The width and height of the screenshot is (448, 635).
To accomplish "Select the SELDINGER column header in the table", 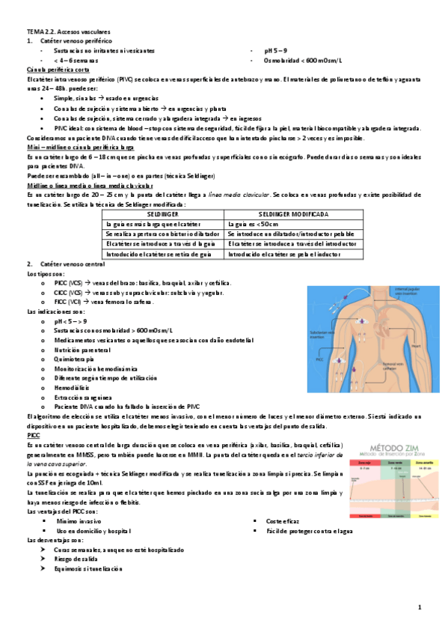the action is (x=164, y=213).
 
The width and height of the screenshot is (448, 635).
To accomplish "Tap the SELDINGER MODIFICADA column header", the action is (x=283, y=213).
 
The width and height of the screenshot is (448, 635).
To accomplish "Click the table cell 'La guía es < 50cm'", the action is (x=255, y=223).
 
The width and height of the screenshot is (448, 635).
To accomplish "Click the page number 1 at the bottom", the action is (x=420, y=607).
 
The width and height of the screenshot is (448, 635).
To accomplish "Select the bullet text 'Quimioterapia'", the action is (x=75, y=358).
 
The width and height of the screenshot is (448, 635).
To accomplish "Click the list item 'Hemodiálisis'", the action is (x=73, y=387).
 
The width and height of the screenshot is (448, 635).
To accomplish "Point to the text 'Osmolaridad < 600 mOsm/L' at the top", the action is (x=303, y=60).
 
